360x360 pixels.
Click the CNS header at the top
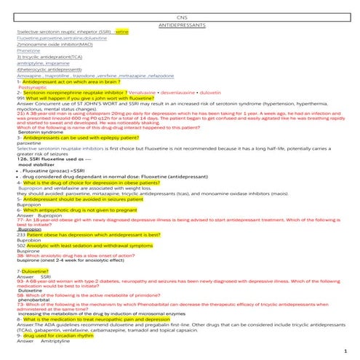pyautogui.click(x=180, y=16)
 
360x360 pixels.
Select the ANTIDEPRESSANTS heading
pyautogui.click(x=180, y=25)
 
